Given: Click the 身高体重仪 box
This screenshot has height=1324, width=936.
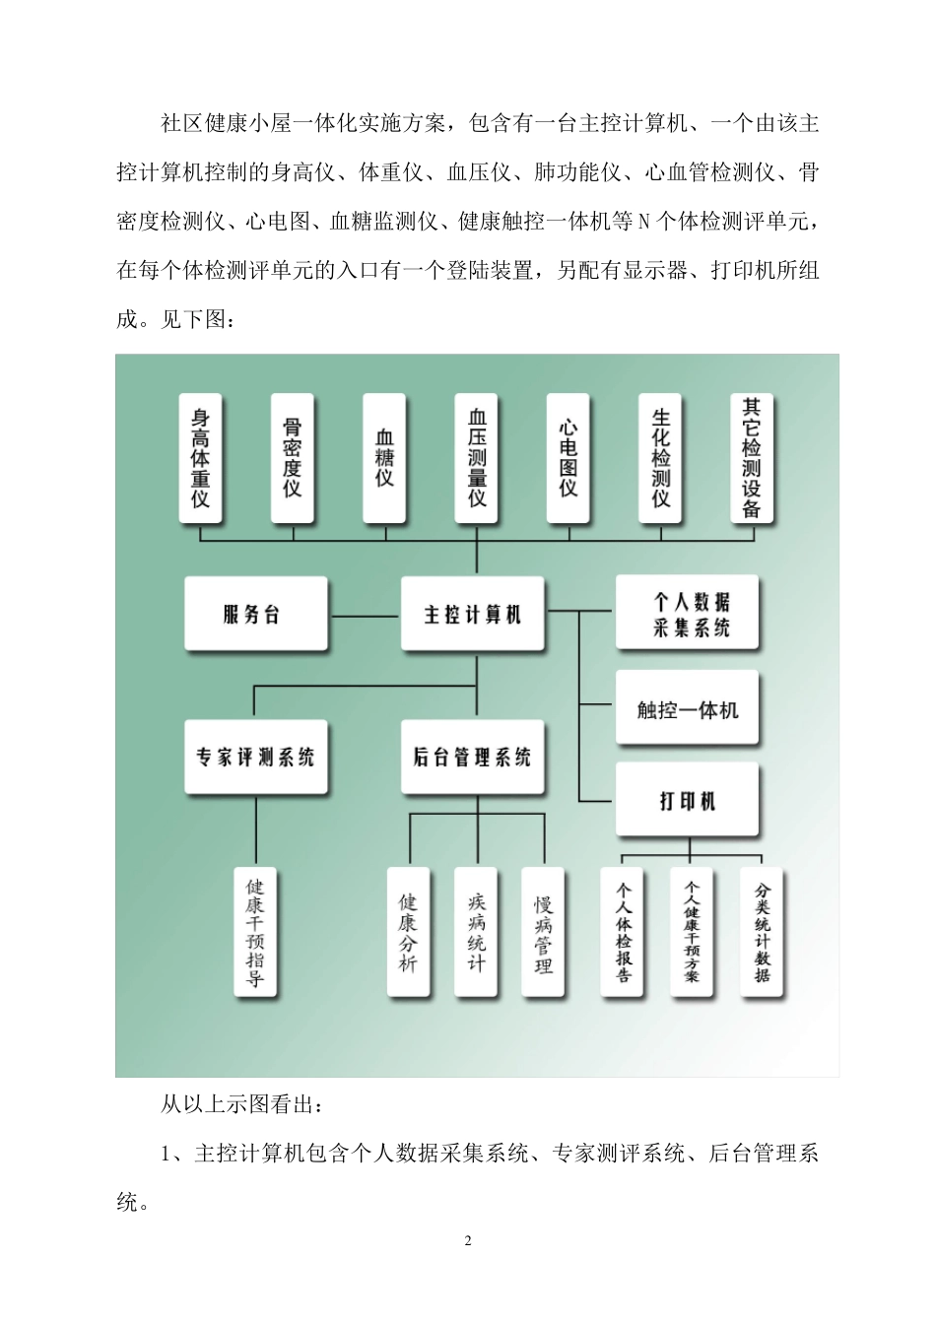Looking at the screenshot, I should (200, 458).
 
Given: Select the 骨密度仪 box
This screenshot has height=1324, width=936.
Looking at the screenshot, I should (292, 458).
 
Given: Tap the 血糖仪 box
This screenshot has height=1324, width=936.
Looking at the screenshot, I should (384, 458).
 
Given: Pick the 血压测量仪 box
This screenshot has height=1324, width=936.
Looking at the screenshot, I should (477, 458).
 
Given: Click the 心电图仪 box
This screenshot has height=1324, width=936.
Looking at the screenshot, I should (568, 458).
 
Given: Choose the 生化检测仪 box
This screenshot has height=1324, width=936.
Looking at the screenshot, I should (660, 458).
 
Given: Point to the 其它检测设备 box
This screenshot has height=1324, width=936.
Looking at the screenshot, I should (752, 458).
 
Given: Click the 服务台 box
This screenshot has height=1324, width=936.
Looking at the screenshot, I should (255, 615).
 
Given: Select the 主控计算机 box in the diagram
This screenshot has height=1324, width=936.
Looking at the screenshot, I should (473, 615).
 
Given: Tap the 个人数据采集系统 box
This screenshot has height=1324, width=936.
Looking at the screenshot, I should (688, 614).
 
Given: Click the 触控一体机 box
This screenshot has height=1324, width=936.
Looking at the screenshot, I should (688, 709).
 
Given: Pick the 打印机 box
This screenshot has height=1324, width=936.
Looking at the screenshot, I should (688, 801).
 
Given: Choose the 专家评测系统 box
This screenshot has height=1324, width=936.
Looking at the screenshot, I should (255, 758).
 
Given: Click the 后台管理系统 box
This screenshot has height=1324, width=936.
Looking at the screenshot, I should (473, 758).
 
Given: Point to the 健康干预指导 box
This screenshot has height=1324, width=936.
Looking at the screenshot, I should (255, 932).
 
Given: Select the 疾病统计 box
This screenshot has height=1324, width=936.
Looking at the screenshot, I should (477, 932).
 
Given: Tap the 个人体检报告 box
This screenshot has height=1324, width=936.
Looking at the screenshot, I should (623, 932).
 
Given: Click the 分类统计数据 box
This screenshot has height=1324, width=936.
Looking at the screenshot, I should (762, 932).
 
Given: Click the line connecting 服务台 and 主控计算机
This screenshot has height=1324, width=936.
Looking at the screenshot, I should (365, 616).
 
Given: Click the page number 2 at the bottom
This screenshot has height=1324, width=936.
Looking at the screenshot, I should (468, 1240).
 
